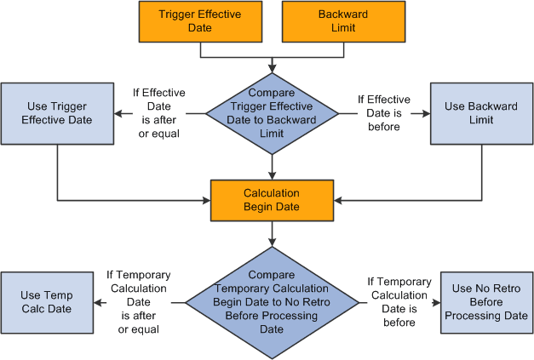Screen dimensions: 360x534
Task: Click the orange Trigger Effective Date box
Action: (x=200, y=21)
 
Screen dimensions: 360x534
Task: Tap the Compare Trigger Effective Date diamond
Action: (x=272, y=113)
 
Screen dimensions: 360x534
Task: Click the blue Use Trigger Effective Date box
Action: (x=57, y=113)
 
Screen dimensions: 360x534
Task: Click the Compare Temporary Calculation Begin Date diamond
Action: (x=272, y=301)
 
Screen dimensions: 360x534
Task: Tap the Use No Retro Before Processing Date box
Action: (x=485, y=302)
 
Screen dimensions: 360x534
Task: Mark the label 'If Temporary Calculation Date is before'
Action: (x=399, y=301)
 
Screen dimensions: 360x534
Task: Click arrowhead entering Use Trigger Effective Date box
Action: (x=119, y=113)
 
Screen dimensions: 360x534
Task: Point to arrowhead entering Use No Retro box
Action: (x=436, y=302)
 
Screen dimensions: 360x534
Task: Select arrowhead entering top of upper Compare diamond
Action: (x=272, y=67)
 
